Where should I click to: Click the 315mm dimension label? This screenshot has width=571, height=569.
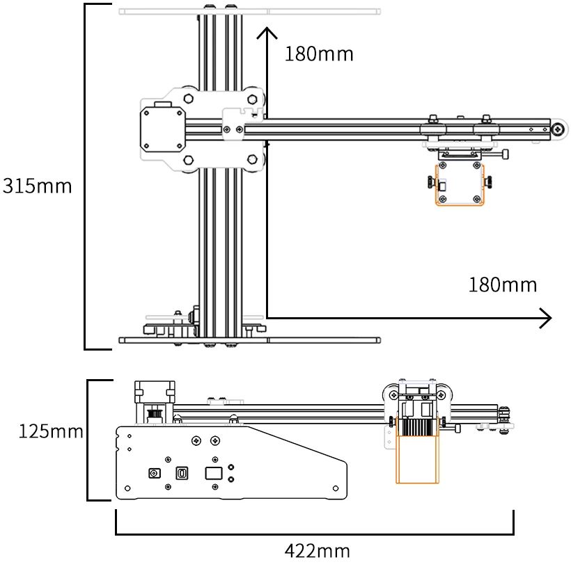tap(37, 186)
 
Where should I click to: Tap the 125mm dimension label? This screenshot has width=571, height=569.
tap(51, 432)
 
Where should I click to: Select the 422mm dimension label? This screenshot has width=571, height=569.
tap(317, 552)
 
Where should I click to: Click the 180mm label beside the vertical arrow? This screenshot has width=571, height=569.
tap(319, 54)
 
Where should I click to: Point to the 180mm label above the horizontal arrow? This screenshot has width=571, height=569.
tap(503, 284)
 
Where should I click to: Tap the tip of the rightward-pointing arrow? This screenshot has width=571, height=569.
tap(551, 319)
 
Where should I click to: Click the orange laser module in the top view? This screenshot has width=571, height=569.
tap(460, 186)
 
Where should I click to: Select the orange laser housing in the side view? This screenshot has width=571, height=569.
tap(418, 459)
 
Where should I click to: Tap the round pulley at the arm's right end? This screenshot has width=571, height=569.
tap(558, 129)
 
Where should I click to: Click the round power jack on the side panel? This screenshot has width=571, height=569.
tap(155, 474)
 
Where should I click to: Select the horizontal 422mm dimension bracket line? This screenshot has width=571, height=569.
tap(314, 534)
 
